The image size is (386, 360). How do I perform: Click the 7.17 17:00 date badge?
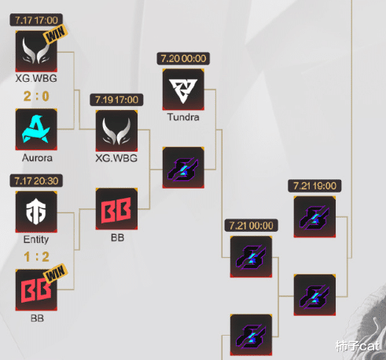pyautogui.click(x=36, y=20)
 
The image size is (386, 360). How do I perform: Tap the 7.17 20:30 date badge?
pyautogui.click(x=36, y=181)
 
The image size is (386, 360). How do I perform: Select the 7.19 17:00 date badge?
pyautogui.click(x=116, y=100)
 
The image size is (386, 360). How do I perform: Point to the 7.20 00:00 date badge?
pyautogui.click(x=183, y=58)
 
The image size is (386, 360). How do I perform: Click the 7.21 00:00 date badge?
pyautogui.click(x=252, y=226)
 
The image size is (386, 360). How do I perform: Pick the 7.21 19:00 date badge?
pyautogui.click(x=314, y=186)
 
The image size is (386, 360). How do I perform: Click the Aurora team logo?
pyautogui.click(x=36, y=130)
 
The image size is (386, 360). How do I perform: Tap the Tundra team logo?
pyautogui.click(x=183, y=90)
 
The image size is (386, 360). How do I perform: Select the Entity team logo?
pyautogui.click(x=36, y=211)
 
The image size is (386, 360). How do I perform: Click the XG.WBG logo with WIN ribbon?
pyautogui.click(x=36, y=51)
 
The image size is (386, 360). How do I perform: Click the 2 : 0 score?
pyautogui.click(x=36, y=96)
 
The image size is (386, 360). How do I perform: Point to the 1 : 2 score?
pyautogui.click(x=36, y=256)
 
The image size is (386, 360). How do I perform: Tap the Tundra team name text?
pyautogui.click(x=183, y=117)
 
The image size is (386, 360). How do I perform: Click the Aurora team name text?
pyautogui.click(x=37, y=158)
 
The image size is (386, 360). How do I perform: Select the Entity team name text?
pyautogui.click(x=36, y=240)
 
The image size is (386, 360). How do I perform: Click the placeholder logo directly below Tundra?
pyautogui.click(x=183, y=167)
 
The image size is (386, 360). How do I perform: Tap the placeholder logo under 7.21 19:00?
pyautogui.click(x=314, y=217)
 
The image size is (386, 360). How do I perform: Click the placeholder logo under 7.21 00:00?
pyautogui.click(x=251, y=257)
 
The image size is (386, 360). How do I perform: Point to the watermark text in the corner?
pyautogui.click(x=358, y=346)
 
